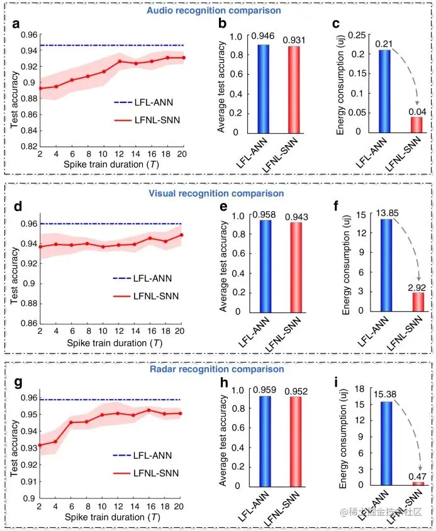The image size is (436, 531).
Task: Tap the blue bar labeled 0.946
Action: pyautogui.click(x=263, y=88)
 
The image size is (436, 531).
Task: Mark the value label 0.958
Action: pyautogui.click(x=264, y=214)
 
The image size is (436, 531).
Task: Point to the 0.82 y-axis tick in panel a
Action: pyautogui.click(x=25, y=146)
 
